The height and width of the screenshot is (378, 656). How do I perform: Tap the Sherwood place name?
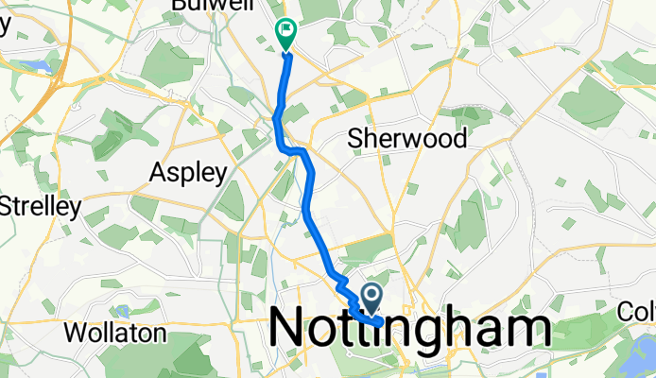click(407, 139)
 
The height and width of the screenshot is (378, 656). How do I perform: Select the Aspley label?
click(190, 173)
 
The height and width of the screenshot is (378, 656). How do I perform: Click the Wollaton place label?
click(114, 333)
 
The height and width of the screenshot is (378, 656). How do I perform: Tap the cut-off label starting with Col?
click(636, 311)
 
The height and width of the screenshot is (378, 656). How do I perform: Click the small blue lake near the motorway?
click(35, 66)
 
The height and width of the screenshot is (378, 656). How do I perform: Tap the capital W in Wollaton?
click(72, 333)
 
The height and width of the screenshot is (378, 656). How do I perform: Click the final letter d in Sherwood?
click(459, 139)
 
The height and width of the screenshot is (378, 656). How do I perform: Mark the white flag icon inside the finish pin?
click(285, 31)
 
